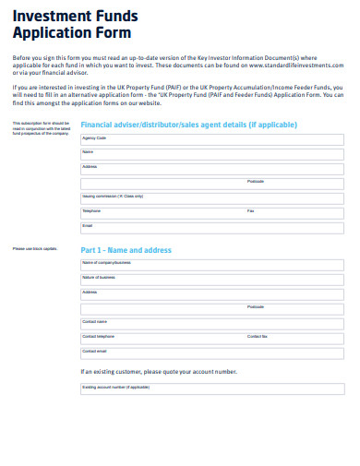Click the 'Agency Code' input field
pos(212,139)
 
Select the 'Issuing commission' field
pos(212,198)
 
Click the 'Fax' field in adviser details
pos(294,213)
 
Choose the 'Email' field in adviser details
pos(212,228)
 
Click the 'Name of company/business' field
pos(212,266)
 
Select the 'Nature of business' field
pos(212,280)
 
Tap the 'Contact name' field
pos(212,324)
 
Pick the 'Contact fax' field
pos(294,339)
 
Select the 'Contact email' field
pos(212,353)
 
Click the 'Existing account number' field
pos(212,389)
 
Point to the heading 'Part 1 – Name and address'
pos(126,250)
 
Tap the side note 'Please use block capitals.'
pos(35,249)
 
